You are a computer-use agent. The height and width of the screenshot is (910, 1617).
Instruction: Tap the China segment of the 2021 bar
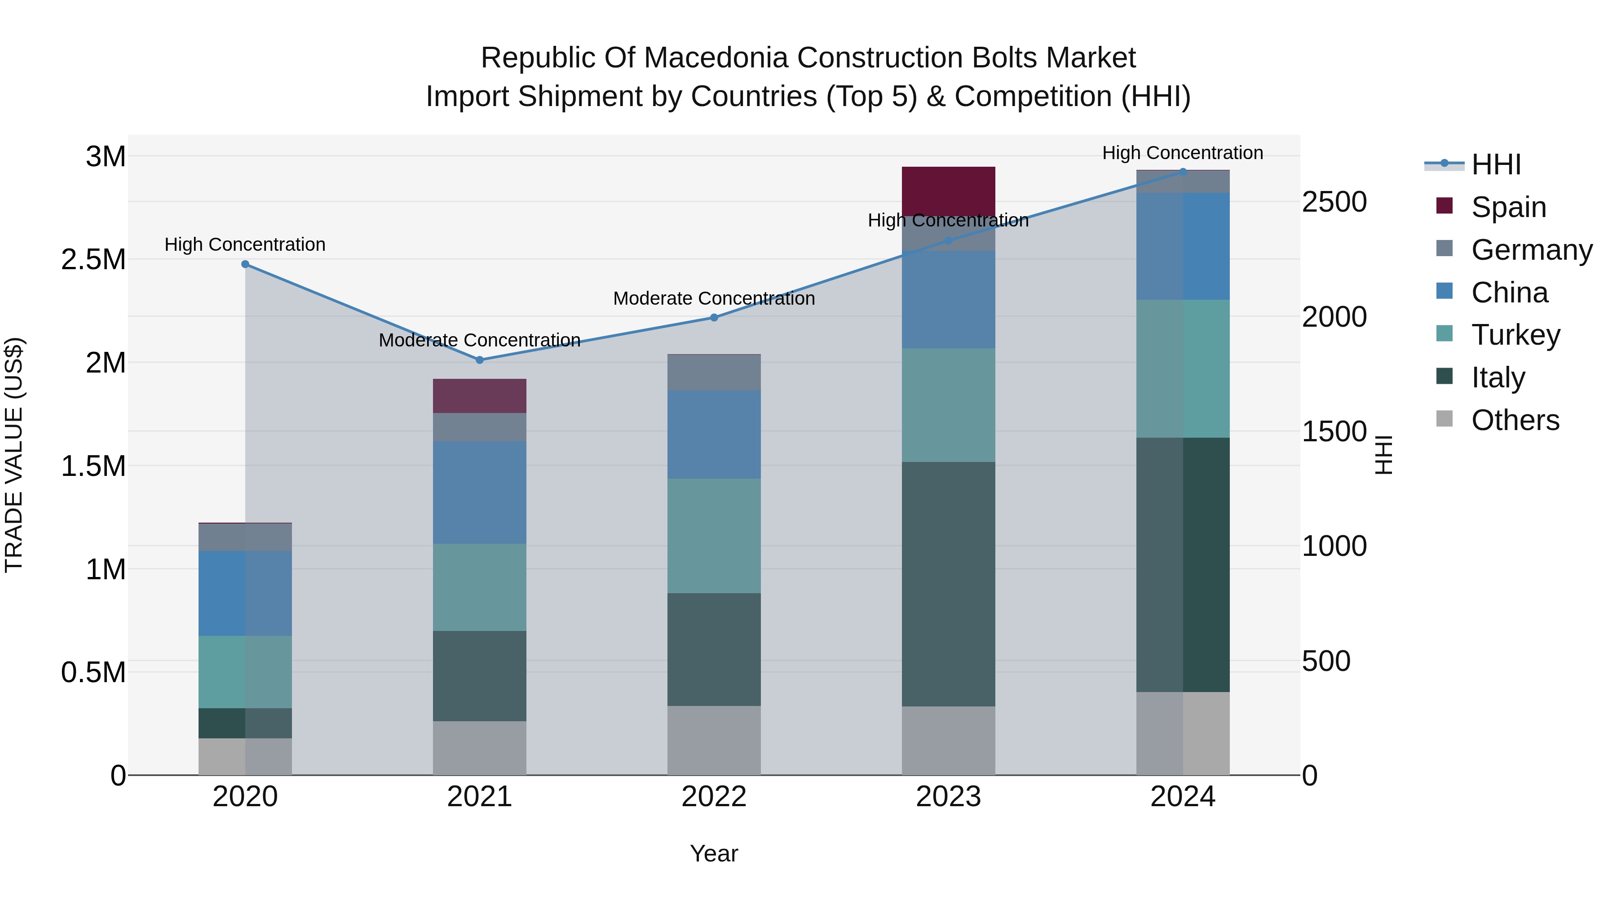coord(480,493)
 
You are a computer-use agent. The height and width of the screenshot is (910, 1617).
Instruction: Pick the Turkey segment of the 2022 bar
coord(714,536)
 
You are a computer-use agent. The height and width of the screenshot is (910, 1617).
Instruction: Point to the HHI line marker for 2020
coord(245,264)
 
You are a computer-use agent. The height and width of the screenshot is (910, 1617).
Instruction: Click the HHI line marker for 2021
coord(480,360)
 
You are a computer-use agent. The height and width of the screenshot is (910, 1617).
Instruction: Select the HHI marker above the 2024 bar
coord(1183,172)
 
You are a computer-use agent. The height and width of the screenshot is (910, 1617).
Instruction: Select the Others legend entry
coord(1514,420)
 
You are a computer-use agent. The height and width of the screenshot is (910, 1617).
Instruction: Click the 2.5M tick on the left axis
coord(93,259)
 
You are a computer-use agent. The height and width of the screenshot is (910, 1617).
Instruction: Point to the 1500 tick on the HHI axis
coord(1334,431)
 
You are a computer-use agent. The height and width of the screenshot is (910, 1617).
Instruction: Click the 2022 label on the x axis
coord(714,797)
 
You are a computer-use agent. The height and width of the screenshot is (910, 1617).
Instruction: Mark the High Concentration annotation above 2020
coord(245,244)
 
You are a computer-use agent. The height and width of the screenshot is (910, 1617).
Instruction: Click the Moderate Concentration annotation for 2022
coord(714,298)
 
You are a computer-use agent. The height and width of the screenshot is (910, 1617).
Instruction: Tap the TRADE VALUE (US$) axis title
coord(14,455)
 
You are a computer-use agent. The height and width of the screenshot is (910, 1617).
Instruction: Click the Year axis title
coord(714,853)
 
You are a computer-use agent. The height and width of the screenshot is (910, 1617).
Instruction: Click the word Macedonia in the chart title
coord(716,58)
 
